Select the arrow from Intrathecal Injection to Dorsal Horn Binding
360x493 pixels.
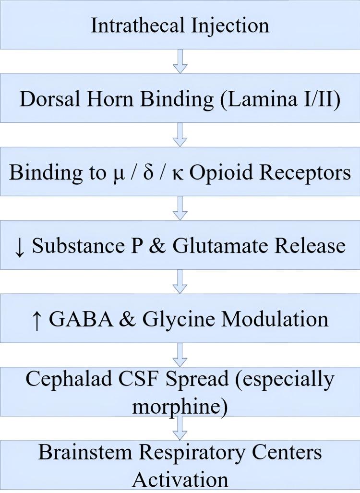(180, 62)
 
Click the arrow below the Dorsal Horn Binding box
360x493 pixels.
(180, 136)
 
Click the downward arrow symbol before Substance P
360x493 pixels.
(20, 246)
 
